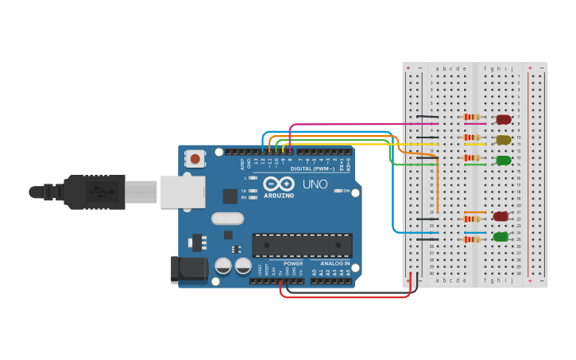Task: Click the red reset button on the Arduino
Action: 195,160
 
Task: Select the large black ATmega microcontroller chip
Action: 301,246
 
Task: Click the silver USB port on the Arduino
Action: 182,192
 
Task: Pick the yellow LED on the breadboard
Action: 503,140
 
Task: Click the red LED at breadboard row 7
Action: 503,119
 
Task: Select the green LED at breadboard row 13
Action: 503,161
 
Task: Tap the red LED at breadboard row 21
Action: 500,216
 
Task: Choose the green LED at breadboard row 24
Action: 500,237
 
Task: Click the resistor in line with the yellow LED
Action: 472,137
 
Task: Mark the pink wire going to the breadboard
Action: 358,125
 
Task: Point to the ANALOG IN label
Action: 335,263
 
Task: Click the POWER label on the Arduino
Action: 292,263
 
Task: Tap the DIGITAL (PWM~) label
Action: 312,168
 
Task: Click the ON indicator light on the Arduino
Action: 338,191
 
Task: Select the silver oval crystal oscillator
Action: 227,219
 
